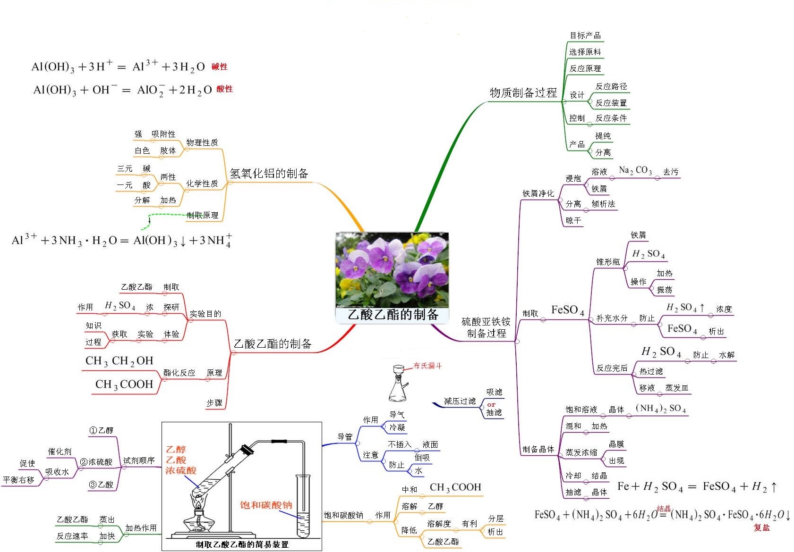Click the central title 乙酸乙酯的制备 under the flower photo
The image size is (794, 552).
pos(393,315)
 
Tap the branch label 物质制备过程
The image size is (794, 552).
pos(523,92)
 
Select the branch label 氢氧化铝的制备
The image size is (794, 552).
pos(269,174)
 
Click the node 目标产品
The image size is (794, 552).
pos(585,35)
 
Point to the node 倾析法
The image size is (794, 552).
pos(603,204)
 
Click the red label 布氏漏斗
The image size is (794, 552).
pos(427,366)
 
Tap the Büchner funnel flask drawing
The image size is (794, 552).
pos(398,385)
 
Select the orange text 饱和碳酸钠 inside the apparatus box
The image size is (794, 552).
pos(266,505)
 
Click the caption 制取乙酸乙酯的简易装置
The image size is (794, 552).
pos(242,544)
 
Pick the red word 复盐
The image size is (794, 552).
pos(761,527)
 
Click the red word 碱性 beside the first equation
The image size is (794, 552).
pos(220,67)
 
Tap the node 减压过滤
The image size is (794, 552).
pos(460,401)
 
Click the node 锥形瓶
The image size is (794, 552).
pos(608,262)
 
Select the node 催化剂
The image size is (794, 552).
pos(60,452)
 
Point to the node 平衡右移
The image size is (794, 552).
pos(19,480)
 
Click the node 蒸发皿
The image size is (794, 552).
pos(676,388)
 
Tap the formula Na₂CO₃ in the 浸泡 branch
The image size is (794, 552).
pos(635,170)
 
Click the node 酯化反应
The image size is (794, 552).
pos(179,373)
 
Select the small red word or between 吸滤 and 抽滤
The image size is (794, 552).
pos(491,405)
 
